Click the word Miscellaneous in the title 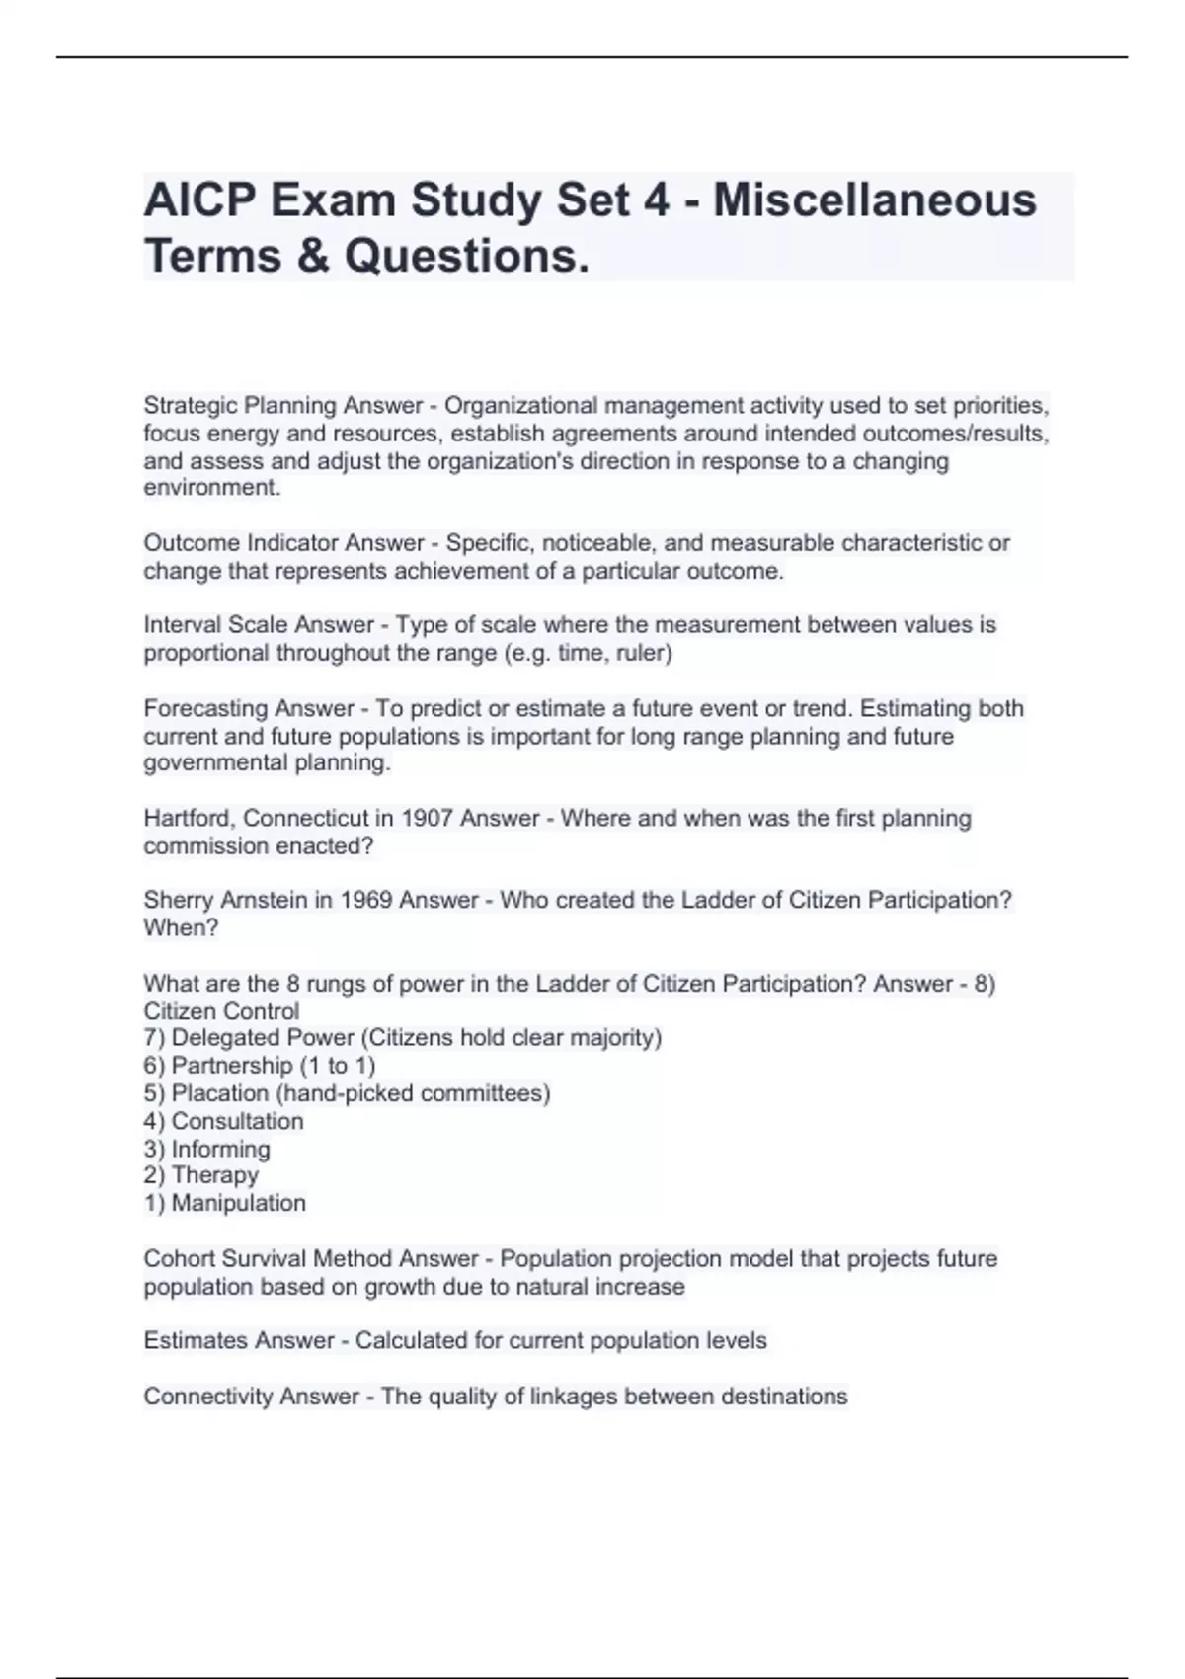(x=874, y=200)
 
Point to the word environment (x=211, y=488)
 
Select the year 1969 (x=366, y=901)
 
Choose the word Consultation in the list (x=237, y=1121)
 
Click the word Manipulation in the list (x=238, y=1203)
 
